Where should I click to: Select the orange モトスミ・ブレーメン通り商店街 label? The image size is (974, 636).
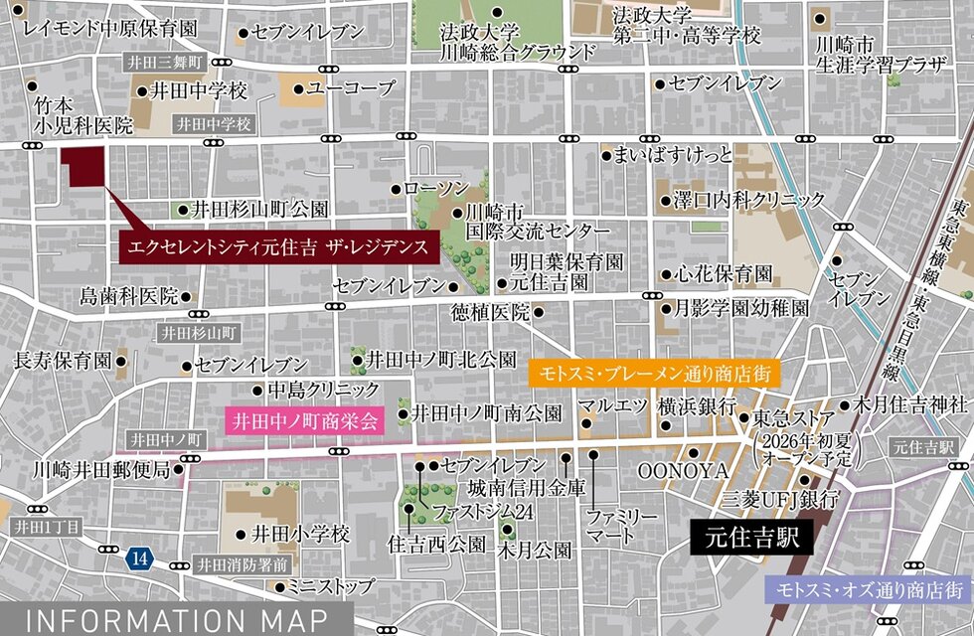[x=654, y=375]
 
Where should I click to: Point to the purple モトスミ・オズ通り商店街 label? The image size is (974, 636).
[x=872, y=589]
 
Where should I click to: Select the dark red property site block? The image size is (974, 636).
[x=83, y=166]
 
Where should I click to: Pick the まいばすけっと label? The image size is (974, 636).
[x=673, y=154]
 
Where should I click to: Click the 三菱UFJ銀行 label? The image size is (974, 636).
[x=780, y=496]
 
